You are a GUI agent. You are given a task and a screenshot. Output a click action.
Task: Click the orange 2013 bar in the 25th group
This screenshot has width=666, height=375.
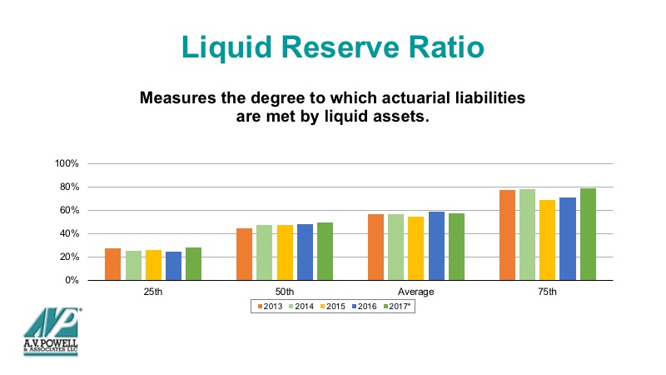coord(113,264)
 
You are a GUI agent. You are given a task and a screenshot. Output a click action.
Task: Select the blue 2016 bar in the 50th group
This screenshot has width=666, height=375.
coord(305,252)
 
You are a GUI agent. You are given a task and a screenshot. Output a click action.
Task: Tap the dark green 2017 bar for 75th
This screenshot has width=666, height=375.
coord(588,234)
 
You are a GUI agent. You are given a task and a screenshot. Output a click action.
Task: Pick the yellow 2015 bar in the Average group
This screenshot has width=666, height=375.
coord(415,248)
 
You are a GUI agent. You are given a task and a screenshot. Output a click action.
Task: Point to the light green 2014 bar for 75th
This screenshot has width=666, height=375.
coord(527,235)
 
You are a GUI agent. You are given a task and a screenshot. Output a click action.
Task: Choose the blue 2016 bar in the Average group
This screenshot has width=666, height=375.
coord(436,246)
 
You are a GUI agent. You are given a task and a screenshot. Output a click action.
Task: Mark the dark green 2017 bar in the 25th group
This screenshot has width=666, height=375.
coord(194,263)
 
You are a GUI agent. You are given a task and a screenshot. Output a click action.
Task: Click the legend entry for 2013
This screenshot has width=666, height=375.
coord(270,306)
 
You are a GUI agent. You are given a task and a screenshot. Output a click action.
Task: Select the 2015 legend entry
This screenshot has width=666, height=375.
coord(332,306)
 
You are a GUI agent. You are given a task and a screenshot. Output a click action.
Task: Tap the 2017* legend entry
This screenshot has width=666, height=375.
coord(397,306)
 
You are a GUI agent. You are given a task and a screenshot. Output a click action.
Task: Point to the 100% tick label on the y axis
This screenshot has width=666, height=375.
coord(67,163)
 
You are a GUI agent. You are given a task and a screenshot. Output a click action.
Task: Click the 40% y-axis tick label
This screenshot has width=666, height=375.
coord(69,233)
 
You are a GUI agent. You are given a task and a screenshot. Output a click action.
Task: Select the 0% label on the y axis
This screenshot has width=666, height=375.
coord(72,280)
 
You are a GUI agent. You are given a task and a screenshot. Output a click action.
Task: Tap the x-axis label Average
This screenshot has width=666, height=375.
coord(415,292)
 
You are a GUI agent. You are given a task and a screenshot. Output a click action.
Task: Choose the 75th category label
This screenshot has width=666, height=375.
coord(547,292)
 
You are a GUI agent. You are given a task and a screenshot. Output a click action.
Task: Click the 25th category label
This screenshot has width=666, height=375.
coord(153,292)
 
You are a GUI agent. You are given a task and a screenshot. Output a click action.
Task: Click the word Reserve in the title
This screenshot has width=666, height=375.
coord(340,47)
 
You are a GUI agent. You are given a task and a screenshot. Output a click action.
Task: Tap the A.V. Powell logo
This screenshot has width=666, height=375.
coord(51,331)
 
